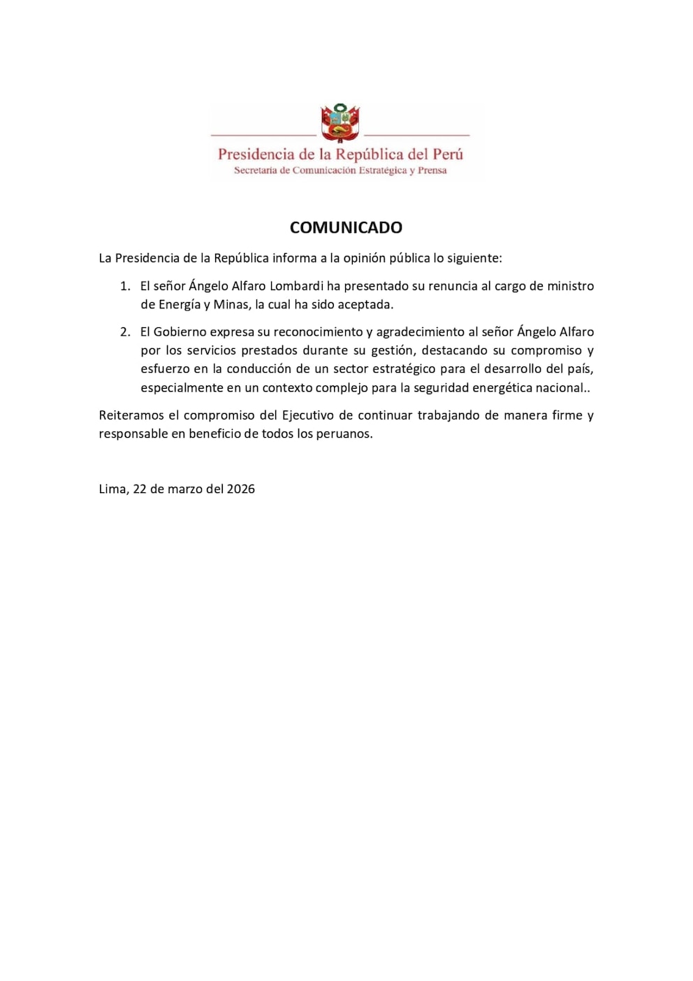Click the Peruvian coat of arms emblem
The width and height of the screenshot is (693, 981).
(x=340, y=123)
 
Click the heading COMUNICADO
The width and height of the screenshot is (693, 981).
(x=346, y=227)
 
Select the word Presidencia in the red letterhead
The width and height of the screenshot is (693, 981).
(x=256, y=155)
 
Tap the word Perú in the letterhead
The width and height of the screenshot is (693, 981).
(x=447, y=155)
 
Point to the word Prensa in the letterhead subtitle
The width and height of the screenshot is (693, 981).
(x=432, y=171)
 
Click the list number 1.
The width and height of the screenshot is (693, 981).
(x=125, y=286)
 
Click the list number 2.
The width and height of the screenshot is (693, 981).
(x=125, y=332)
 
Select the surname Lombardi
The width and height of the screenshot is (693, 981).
(x=296, y=286)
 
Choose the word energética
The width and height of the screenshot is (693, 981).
(x=502, y=388)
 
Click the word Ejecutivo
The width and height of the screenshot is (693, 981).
(x=307, y=415)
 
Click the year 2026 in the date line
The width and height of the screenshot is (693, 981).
(x=241, y=489)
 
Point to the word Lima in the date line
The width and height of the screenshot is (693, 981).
(x=112, y=489)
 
